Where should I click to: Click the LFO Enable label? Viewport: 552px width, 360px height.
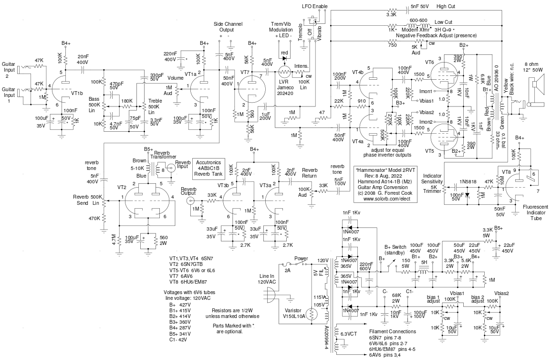(314, 7)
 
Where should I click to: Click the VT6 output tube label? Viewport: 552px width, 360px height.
(429, 62)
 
